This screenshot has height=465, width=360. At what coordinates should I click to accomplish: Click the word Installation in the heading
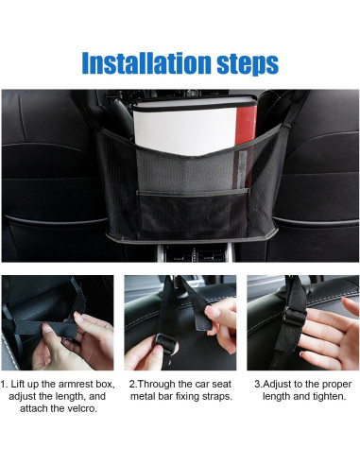pyautogui.click(x=146, y=63)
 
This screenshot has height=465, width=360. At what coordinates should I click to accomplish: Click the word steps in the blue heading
pyautogui.click(x=248, y=64)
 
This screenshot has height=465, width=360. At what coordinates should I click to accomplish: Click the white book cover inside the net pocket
pyautogui.click(x=184, y=129)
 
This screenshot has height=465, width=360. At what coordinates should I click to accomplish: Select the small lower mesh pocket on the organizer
pyautogui.click(x=193, y=215)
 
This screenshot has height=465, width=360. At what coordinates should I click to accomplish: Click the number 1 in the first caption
pyautogui.click(x=3, y=385)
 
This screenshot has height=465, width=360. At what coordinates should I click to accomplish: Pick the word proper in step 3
pyautogui.click(x=336, y=385)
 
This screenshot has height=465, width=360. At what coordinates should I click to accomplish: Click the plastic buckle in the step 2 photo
pyautogui.click(x=164, y=343)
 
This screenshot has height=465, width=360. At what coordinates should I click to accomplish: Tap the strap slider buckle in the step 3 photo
pyautogui.click(x=295, y=317)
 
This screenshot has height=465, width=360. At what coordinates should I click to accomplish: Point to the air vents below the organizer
pyautogui.click(x=196, y=252)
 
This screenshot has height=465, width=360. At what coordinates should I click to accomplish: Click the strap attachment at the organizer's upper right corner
pyautogui.click(x=286, y=126)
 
